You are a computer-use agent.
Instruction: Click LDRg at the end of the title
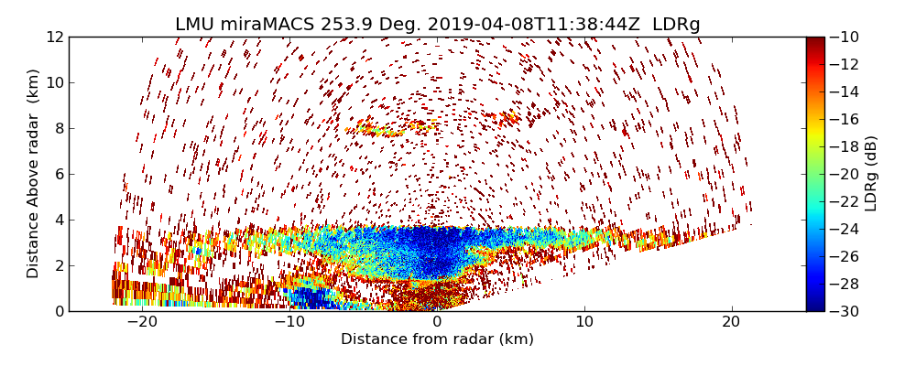(x=676, y=25)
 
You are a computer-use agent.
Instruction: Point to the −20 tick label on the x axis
(x=142, y=322)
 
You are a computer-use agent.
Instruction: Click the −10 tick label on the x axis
(x=289, y=322)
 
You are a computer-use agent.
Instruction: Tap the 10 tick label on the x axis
(x=584, y=322)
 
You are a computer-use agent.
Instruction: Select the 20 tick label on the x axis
(x=732, y=322)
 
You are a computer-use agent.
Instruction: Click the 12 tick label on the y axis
(x=54, y=38)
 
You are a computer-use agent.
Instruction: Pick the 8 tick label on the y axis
(x=59, y=129)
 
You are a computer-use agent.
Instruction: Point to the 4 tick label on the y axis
(x=59, y=221)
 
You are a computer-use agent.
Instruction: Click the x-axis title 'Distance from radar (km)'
(x=437, y=339)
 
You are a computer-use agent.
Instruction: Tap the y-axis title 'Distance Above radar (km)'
(x=34, y=174)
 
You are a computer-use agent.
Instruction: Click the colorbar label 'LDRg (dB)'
(x=871, y=174)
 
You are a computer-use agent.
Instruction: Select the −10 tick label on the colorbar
(x=846, y=38)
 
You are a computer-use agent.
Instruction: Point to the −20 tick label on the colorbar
(x=846, y=174)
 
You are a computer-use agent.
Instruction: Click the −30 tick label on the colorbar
(x=846, y=311)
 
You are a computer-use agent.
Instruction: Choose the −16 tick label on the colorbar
(x=846, y=120)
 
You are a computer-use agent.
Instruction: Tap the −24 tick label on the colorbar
(x=846, y=229)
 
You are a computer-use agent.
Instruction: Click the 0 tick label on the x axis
(x=437, y=322)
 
